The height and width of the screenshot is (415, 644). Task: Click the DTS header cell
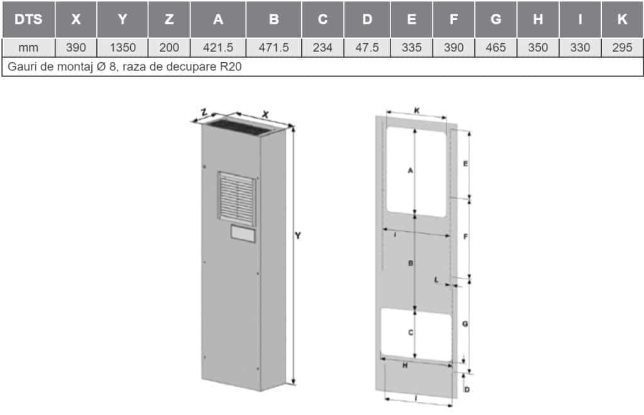point(28,19)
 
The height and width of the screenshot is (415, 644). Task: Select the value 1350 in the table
point(123,48)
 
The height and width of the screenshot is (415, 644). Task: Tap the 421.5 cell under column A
point(218,48)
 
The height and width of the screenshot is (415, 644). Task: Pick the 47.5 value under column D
point(367,48)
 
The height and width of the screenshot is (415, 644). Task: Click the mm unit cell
point(28,48)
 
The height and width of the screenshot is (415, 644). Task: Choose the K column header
point(622,19)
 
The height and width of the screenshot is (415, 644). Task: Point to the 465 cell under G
point(496,48)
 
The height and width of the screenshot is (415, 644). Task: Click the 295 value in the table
point(622,48)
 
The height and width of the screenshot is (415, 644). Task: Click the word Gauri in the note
point(23,65)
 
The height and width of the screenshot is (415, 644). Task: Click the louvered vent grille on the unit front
point(237,196)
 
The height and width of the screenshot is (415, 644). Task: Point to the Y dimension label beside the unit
point(299,236)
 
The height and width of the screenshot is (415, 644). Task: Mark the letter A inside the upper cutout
point(410,170)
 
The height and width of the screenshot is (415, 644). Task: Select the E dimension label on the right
point(465,164)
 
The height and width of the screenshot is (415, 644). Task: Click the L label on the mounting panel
point(436,280)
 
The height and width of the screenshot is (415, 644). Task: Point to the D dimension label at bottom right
point(467,390)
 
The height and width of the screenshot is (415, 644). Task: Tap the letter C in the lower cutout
point(410,333)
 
